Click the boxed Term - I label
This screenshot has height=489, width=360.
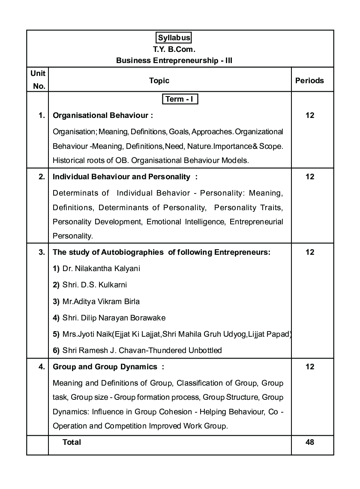click(180, 100)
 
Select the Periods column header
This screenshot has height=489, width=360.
click(309, 81)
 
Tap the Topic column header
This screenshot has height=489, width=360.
click(159, 81)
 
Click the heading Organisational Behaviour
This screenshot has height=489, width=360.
click(102, 115)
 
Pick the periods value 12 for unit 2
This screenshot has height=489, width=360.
click(310, 177)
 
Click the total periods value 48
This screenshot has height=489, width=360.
click(310, 442)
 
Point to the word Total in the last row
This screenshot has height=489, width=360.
click(72, 442)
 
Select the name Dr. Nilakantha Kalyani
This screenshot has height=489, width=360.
click(101, 269)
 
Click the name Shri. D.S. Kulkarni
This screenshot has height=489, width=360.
click(94, 285)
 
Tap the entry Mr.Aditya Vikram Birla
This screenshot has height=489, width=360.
click(101, 301)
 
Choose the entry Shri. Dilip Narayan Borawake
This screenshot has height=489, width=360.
click(114, 318)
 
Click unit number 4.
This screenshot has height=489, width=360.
click(42, 367)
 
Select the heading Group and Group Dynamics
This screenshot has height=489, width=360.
click(105, 367)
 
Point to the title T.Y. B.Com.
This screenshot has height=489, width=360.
click(174, 49)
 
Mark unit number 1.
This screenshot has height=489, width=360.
click(42, 115)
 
